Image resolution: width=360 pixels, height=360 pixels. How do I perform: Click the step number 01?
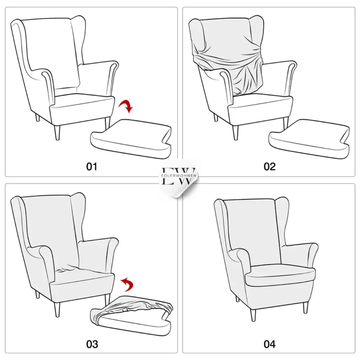pyautogui.click(x=92, y=166)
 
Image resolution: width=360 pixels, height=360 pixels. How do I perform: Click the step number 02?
pyautogui.click(x=269, y=166)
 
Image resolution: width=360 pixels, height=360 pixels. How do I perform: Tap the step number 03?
pyautogui.click(x=92, y=344)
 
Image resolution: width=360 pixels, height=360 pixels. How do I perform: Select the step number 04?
pyautogui.click(x=270, y=344)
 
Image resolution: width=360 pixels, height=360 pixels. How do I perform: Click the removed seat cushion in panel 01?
pyautogui.click(x=131, y=139)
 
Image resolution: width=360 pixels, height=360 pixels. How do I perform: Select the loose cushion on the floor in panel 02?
pyautogui.click(x=309, y=139)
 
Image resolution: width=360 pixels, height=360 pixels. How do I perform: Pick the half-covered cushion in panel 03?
pyautogui.click(x=131, y=316)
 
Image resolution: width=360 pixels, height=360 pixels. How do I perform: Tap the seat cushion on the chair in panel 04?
pyautogui.click(x=280, y=276)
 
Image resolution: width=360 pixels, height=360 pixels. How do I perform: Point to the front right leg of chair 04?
pyautogui.click(x=306, y=307)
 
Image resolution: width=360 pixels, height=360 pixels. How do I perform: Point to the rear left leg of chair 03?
pyautogui.click(x=37, y=294)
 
